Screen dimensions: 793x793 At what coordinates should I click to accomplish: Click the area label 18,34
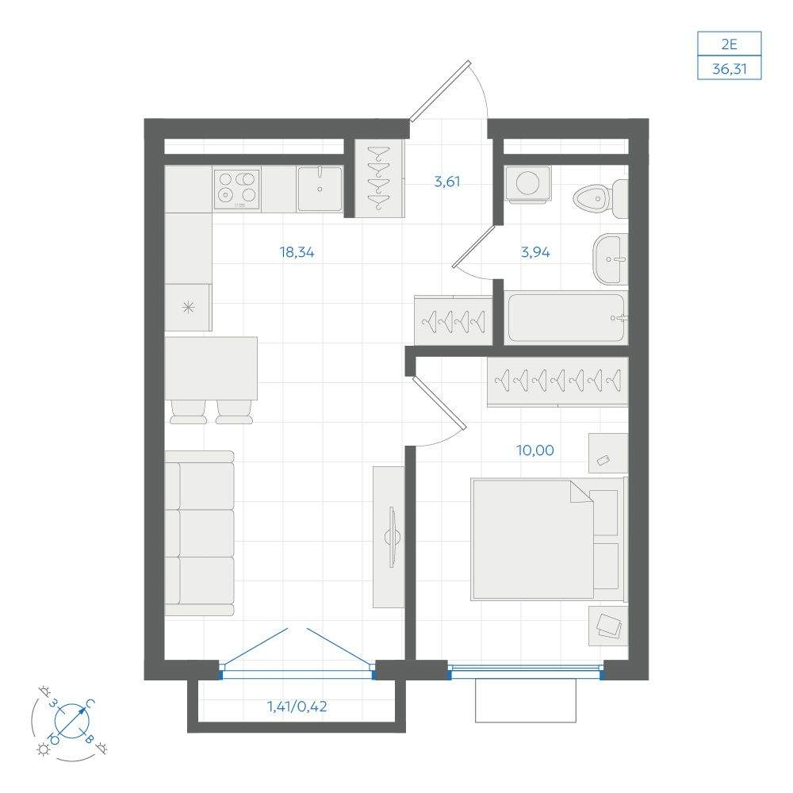click(297, 252)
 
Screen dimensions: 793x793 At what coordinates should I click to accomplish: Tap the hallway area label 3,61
click(447, 182)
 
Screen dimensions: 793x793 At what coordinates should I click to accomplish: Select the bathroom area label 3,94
click(535, 252)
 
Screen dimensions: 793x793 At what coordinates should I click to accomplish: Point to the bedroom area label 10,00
click(534, 450)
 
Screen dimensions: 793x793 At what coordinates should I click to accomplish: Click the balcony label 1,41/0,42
click(297, 706)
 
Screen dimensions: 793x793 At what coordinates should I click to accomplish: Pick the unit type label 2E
click(729, 44)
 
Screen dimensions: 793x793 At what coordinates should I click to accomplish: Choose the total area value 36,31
click(730, 68)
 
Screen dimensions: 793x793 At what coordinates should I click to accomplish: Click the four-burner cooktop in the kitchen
click(236, 190)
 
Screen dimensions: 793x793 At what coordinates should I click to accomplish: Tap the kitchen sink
click(320, 189)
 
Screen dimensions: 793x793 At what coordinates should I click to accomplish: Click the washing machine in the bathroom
click(528, 184)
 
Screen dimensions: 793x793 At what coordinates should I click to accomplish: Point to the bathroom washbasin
click(611, 259)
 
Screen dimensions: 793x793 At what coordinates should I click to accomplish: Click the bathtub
click(566, 318)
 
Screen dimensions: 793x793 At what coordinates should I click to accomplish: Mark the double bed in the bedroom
click(549, 539)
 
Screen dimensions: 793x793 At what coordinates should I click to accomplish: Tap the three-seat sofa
click(200, 534)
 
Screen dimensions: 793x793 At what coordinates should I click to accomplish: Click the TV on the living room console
click(393, 537)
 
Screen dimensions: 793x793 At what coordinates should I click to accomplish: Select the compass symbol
click(71, 719)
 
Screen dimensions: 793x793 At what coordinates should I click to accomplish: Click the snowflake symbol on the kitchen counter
click(188, 307)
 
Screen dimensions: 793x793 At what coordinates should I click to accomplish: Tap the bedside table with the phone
click(608, 453)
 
